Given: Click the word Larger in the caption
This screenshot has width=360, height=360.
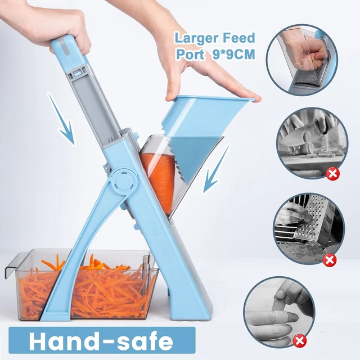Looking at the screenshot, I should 193,39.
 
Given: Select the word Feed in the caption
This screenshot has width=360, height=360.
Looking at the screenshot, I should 236,39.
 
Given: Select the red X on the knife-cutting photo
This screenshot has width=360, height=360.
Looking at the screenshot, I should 332,174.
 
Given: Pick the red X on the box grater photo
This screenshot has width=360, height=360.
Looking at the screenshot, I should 330,259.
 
